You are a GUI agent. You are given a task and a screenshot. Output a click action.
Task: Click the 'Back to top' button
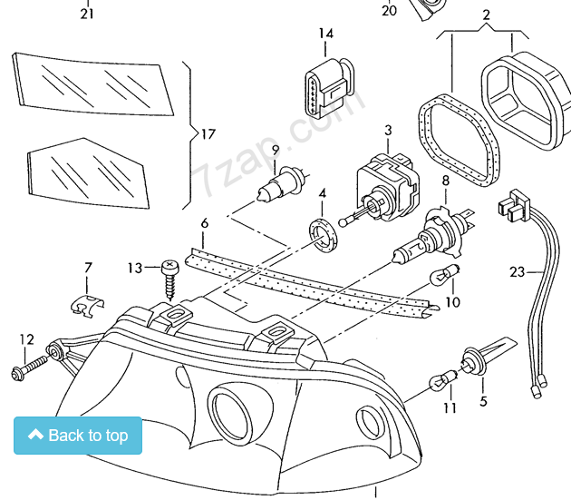pyautogui.click(x=78, y=435)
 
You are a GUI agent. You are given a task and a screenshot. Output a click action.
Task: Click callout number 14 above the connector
pyautogui.click(x=326, y=34)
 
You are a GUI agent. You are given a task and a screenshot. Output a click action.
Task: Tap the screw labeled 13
pyautogui.click(x=170, y=279)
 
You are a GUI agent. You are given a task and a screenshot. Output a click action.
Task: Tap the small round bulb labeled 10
pyautogui.click(x=445, y=275)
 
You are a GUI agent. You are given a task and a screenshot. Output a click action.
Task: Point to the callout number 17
pyautogui.click(x=208, y=134)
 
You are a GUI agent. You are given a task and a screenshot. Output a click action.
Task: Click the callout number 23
pyautogui.click(x=518, y=271)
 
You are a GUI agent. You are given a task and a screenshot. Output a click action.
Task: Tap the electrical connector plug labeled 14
pyautogui.click(x=329, y=88)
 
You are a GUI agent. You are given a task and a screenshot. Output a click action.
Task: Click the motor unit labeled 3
pyautogui.click(x=387, y=188)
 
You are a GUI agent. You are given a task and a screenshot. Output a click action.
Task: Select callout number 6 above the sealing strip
pyautogui.click(x=205, y=223)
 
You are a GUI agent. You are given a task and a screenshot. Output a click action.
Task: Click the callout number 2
pyautogui.click(x=486, y=15)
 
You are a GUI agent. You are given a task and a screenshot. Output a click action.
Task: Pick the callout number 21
pyautogui.click(x=87, y=14)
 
